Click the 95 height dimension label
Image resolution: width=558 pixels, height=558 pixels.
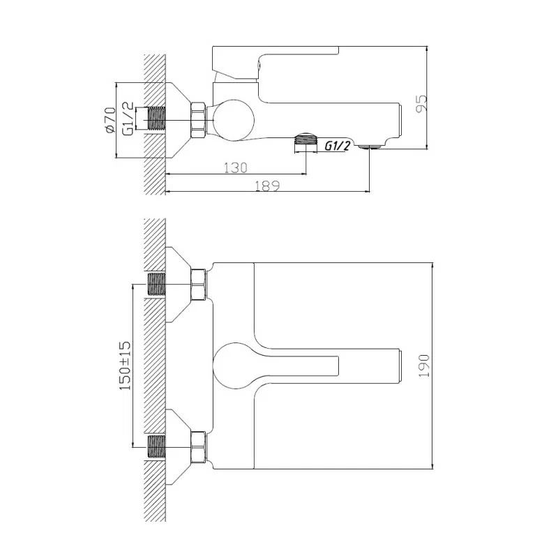click(x=421, y=103)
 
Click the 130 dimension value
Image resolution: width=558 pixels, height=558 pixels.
click(x=236, y=168)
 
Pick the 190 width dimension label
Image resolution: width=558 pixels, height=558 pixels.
click(x=425, y=365)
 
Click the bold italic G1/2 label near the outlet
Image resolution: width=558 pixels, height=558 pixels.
click(x=338, y=146)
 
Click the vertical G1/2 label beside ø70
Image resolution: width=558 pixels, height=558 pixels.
click(x=128, y=119)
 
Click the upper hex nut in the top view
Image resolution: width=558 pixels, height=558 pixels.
click(x=199, y=285)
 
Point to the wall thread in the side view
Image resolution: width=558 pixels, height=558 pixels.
click(x=157, y=119)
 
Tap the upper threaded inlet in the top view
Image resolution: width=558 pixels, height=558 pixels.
click(x=157, y=285)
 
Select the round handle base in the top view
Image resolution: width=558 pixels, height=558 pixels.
click(x=233, y=365)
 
